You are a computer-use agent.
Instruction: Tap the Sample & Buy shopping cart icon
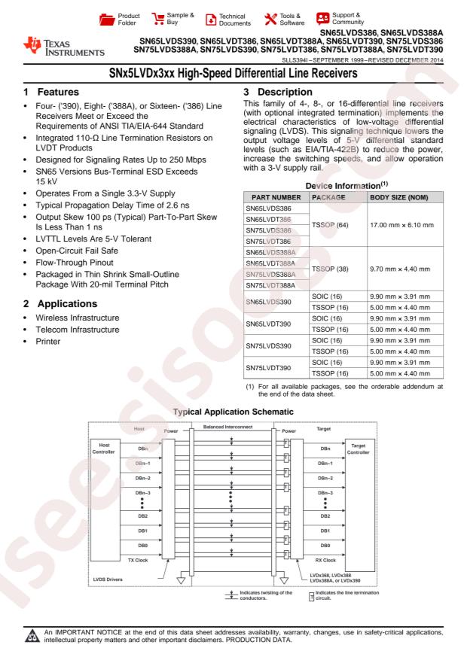160,17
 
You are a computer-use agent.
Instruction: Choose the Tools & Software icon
270,17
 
